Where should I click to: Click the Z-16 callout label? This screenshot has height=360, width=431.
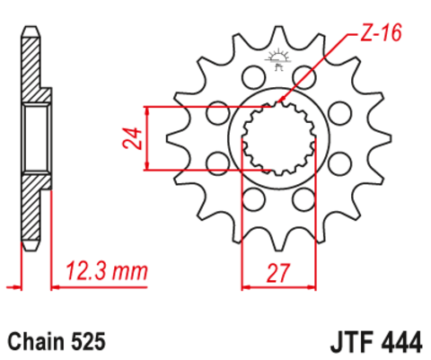tap(376, 35)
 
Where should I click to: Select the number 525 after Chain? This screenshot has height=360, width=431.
tap(90, 342)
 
